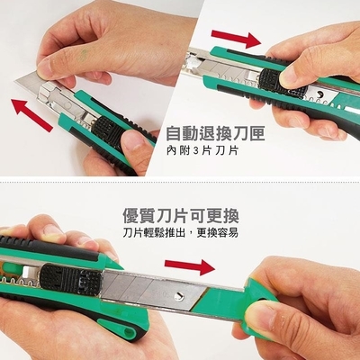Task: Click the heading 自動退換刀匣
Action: [215, 134]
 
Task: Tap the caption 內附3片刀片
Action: [202, 150]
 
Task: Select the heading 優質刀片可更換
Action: [181, 215]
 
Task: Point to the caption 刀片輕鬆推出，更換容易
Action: [181, 232]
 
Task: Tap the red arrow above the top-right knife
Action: [236, 38]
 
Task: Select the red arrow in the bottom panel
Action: [190, 266]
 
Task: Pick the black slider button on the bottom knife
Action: [71, 279]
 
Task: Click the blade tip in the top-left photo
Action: [15, 80]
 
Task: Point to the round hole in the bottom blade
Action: [179, 295]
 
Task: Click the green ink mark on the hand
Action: [84, 53]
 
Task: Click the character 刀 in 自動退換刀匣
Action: [236, 134]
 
